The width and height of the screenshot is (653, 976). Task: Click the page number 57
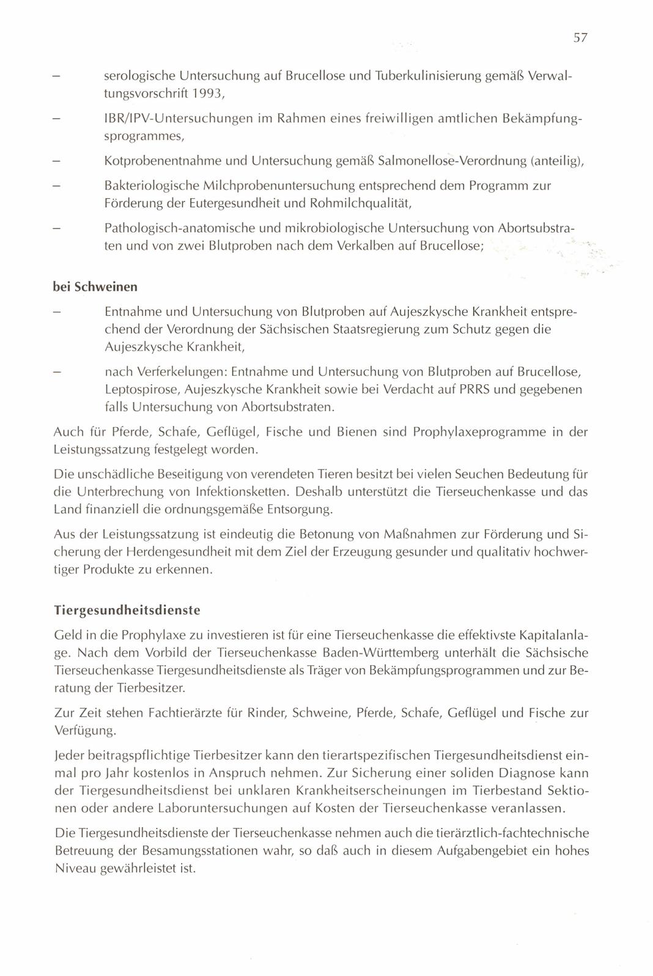click(580, 38)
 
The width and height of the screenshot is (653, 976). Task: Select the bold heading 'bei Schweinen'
click(95, 286)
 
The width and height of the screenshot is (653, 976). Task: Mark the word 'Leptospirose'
click(141, 389)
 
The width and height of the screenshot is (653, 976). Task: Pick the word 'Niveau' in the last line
click(76, 868)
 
